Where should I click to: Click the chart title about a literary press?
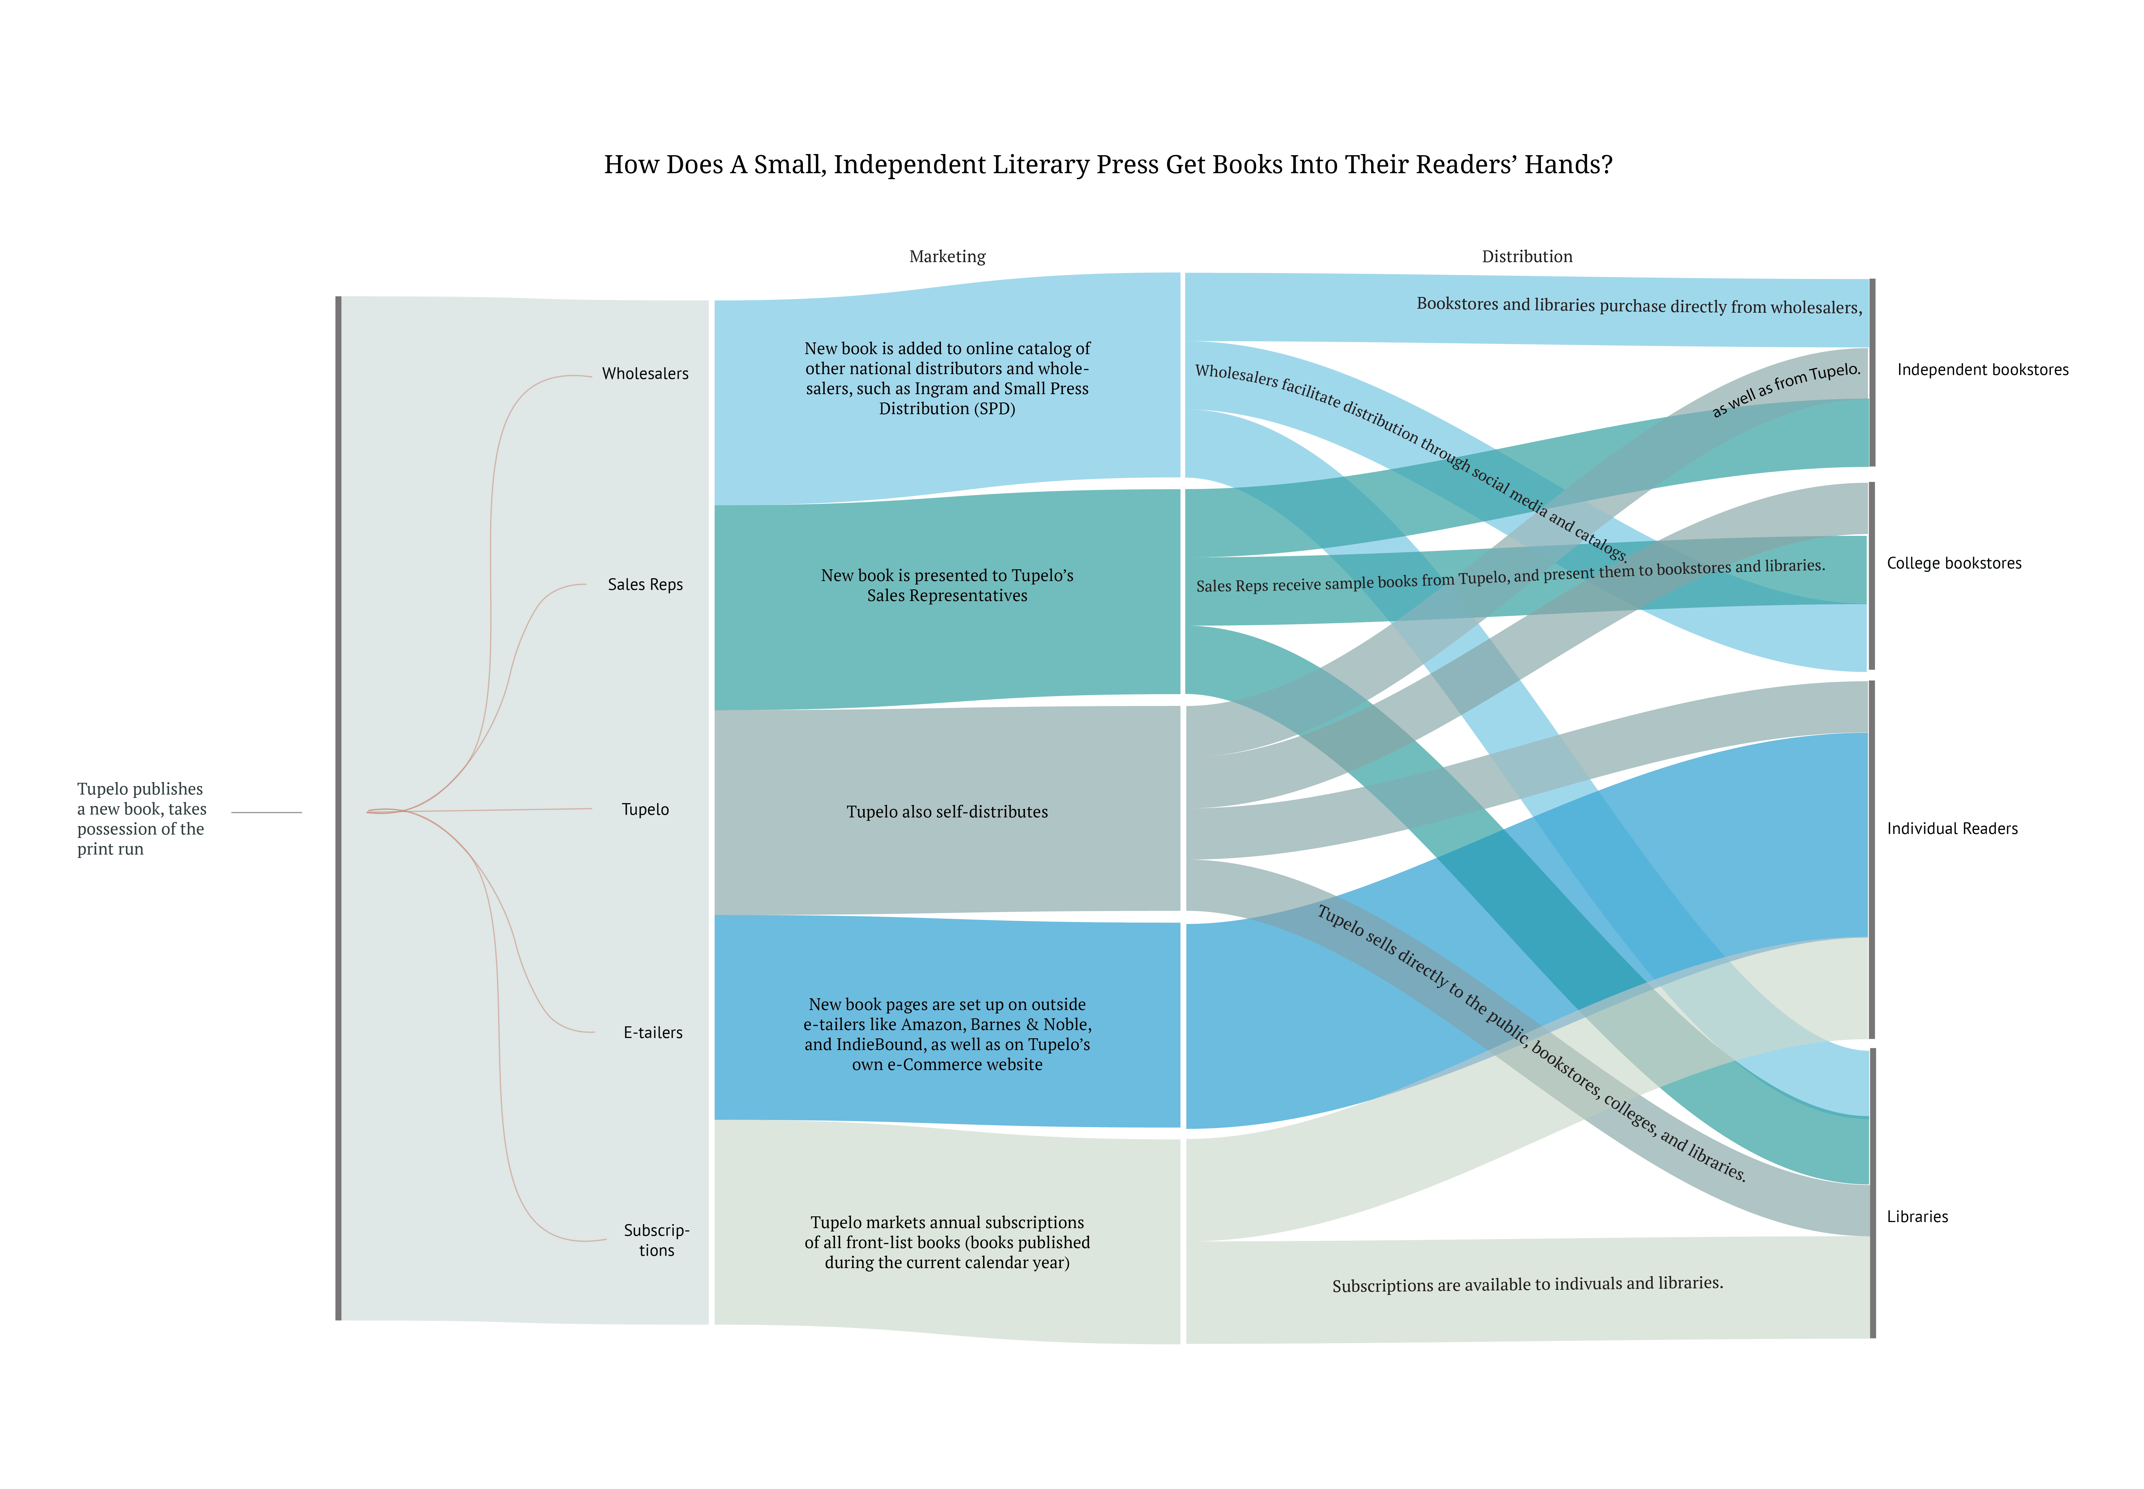tap(1108, 165)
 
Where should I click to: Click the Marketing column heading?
tap(947, 257)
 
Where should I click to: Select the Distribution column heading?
tap(1526, 257)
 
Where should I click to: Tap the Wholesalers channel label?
tap(645, 373)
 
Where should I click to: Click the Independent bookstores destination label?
tap(1982, 370)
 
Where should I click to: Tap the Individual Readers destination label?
tap(1951, 829)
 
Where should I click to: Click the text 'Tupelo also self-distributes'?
tap(947, 812)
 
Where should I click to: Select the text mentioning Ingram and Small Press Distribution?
tap(947, 378)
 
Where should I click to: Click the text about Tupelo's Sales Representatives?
tap(947, 585)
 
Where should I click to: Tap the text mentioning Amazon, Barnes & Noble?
tap(947, 1034)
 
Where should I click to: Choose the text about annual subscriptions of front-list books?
tap(947, 1242)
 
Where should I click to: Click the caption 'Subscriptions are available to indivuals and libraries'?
tap(1526, 1285)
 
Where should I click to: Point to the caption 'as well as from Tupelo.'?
tap(1785, 389)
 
